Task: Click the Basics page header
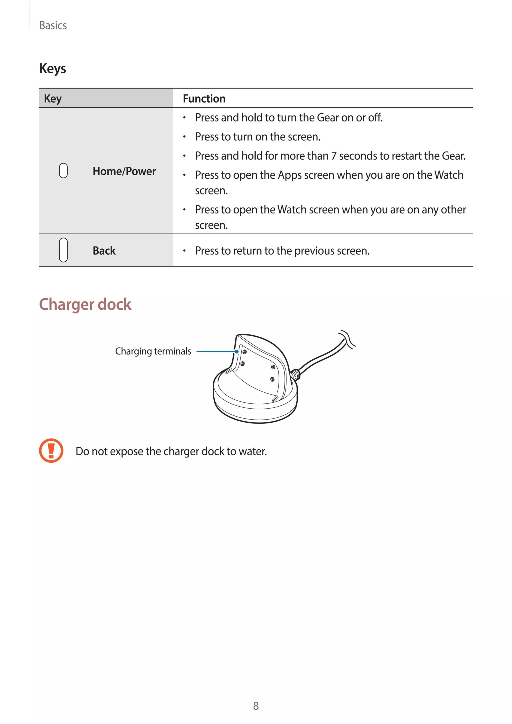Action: coord(53,25)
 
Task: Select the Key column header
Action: coord(53,99)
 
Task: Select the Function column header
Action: coord(204,99)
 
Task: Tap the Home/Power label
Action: coord(124,171)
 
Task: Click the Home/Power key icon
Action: coord(63,170)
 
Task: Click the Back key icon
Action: coord(63,250)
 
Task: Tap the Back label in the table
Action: coord(104,251)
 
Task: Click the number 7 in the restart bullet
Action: coord(333,156)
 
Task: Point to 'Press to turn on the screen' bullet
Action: coord(257,136)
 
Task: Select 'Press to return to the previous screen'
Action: coord(282,251)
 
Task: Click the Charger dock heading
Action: coord(85,304)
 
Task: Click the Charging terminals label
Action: coord(153,351)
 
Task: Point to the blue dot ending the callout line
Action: coord(236,351)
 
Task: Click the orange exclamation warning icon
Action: coord(51,450)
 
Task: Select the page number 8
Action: coord(256,706)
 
